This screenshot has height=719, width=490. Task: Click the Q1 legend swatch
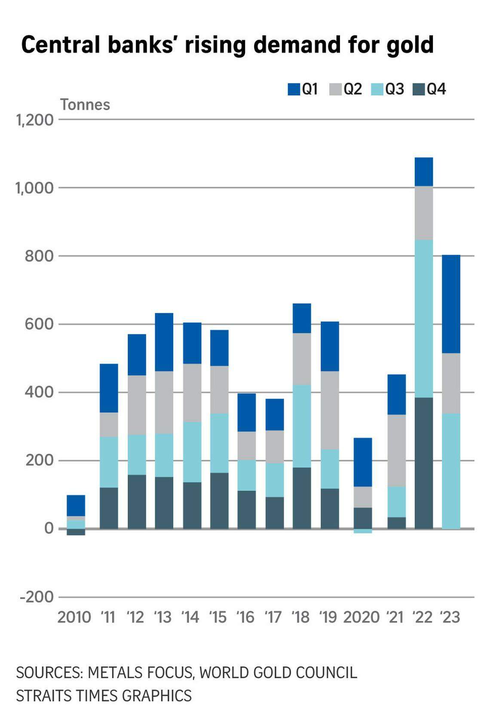pyautogui.click(x=294, y=89)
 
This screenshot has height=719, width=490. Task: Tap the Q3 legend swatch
pyautogui.click(x=377, y=89)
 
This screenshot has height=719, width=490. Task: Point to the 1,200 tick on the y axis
pyautogui.click(x=35, y=120)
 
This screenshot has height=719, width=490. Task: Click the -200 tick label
pyautogui.click(x=37, y=597)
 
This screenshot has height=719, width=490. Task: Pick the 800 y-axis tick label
pyautogui.click(x=39, y=256)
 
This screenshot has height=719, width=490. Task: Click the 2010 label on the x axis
pyautogui.click(x=74, y=617)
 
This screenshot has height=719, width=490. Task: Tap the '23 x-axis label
pyautogui.click(x=450, y=617)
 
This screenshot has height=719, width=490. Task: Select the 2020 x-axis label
pyautogui.click(x=361, y=617)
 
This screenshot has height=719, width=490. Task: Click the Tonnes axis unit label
pyautogui.click(x=85, y=105)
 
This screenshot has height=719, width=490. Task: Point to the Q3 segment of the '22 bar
pyautogui.click(x=424, y=318)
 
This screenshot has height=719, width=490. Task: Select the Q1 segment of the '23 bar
pyautogui.click(x=451, y=304)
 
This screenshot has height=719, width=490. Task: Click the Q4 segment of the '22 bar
pyautogui.click(x=424, y=463)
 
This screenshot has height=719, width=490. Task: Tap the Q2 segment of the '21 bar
pyautogui.click(x=397, y=450)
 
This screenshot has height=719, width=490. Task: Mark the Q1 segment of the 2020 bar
pyautogui.click(x=363, y=462)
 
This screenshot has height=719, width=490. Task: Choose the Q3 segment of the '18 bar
pyautogui.click(x=302, y=426)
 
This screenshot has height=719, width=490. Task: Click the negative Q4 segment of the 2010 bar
pyautogui.click(x=76, y=532)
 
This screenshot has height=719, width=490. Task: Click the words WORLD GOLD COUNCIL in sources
pyautogui.click(x=278, y=673)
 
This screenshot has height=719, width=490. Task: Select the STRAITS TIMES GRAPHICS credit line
pyautogui.click(x=104, y=695)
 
